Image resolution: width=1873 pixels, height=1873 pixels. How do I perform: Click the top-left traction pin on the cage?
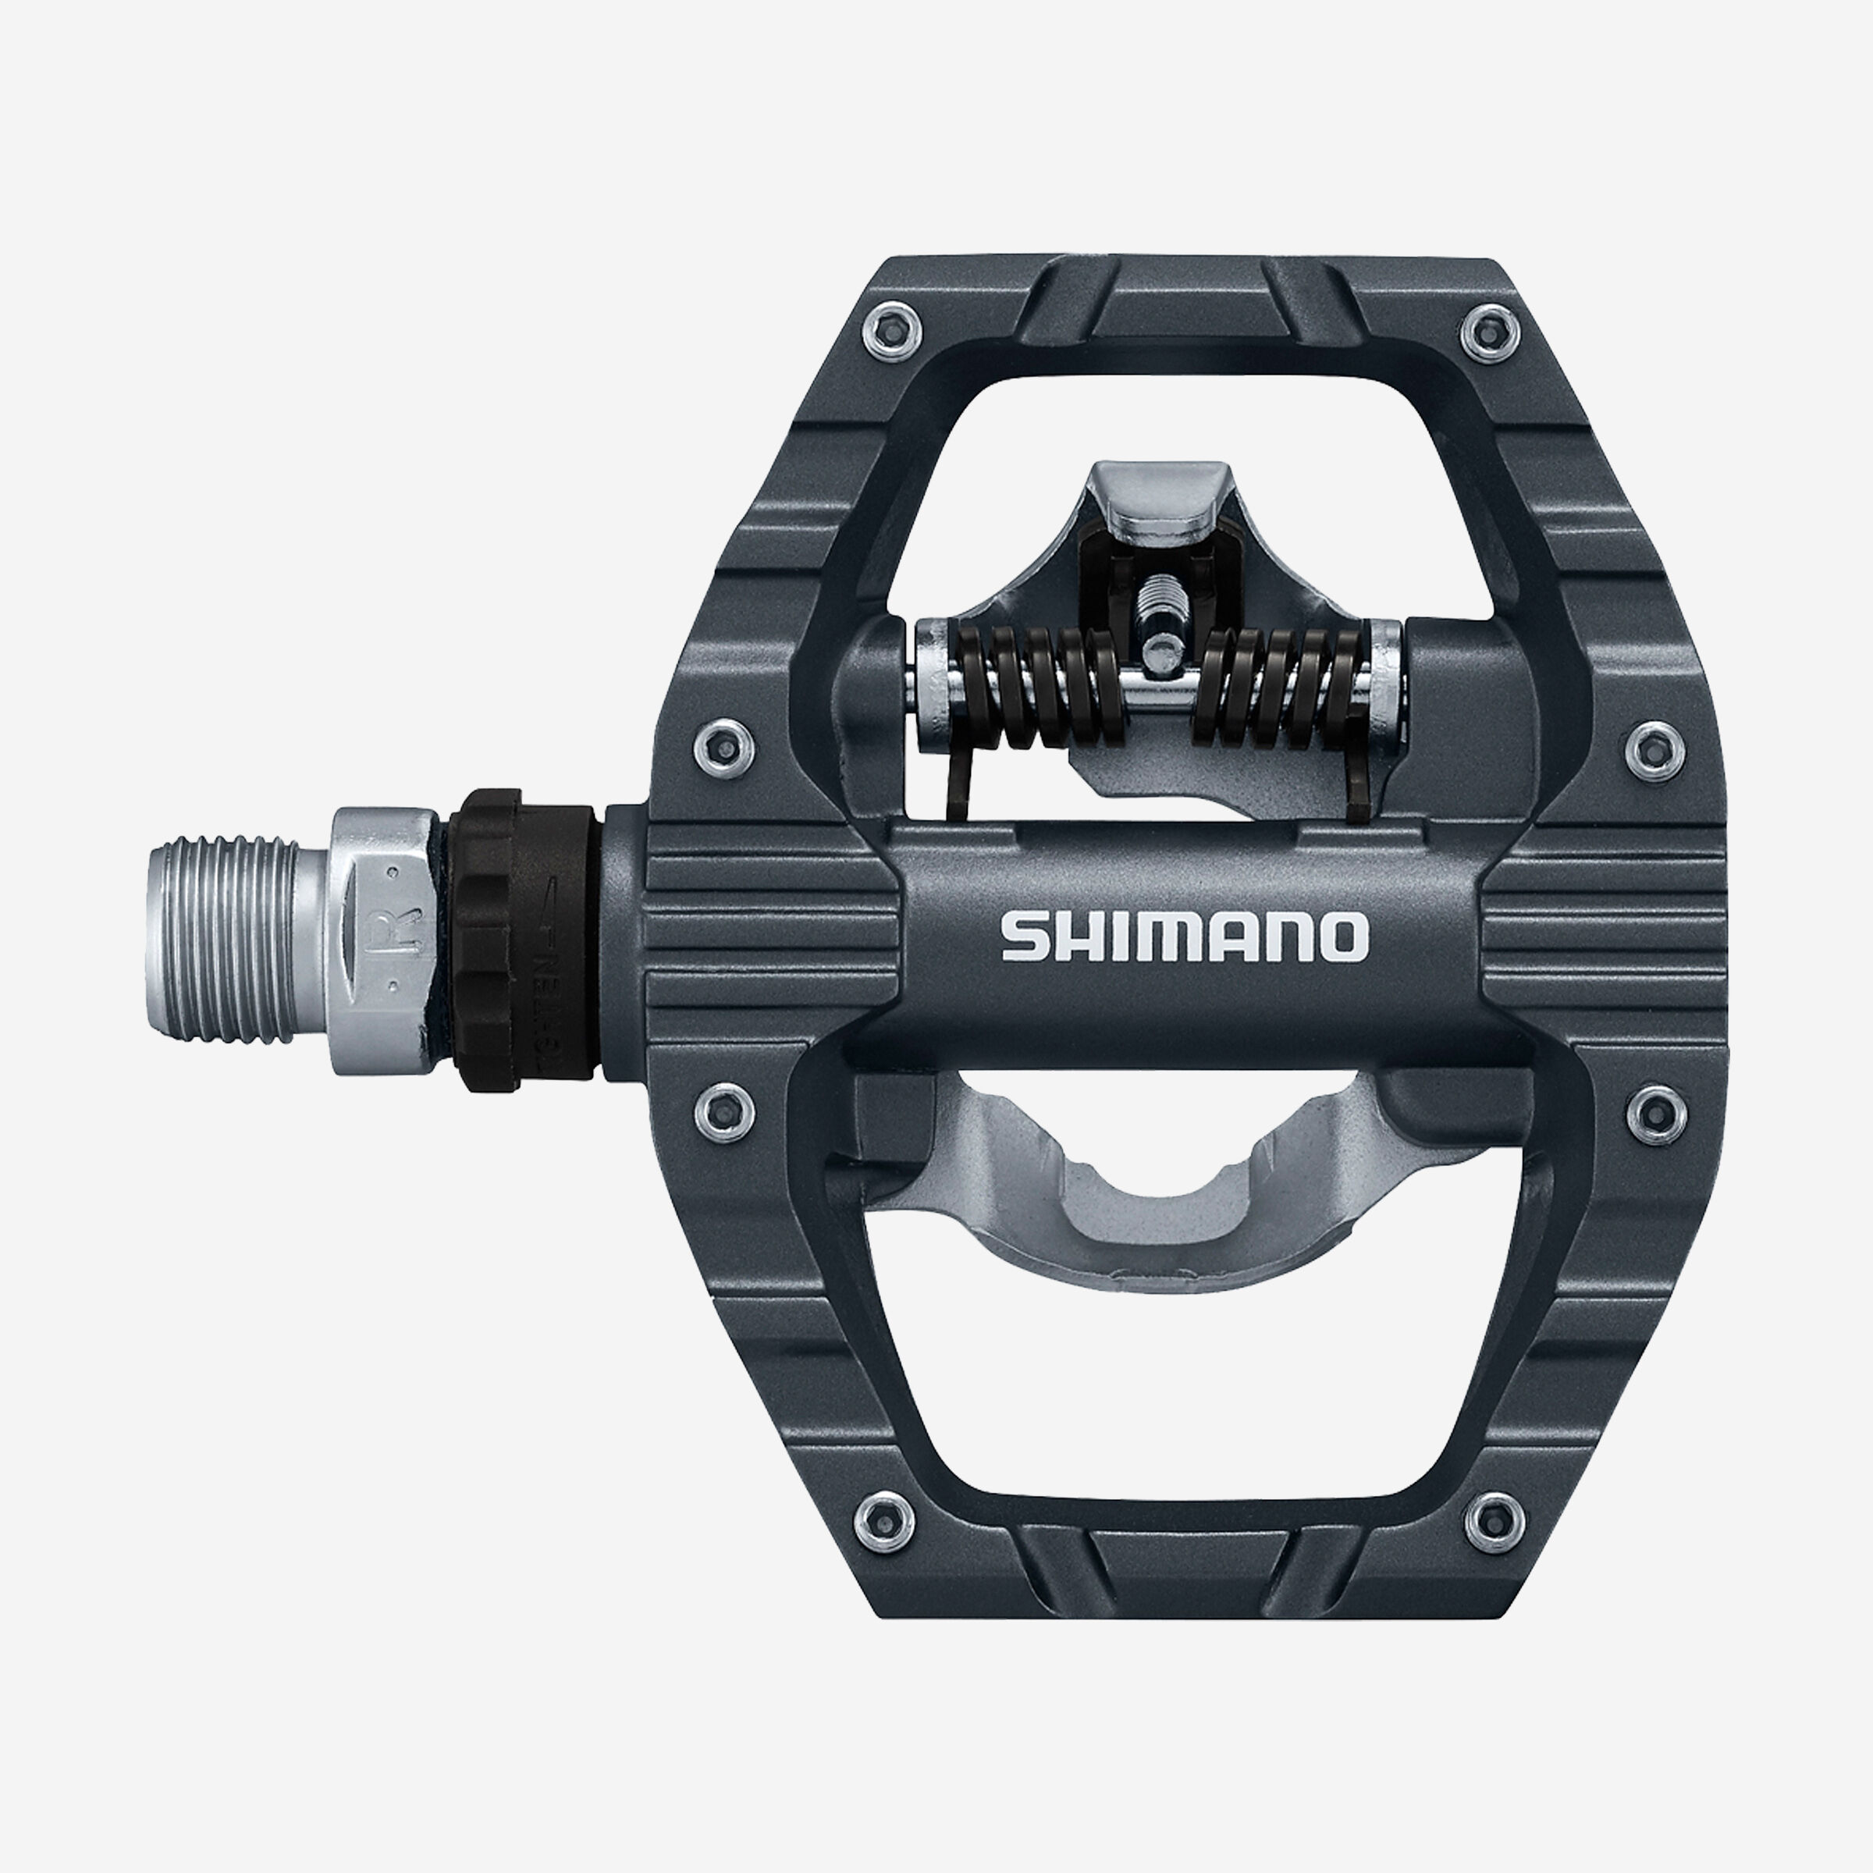coord(889,329)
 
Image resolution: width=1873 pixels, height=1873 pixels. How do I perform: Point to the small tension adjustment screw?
coord(1160,620)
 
